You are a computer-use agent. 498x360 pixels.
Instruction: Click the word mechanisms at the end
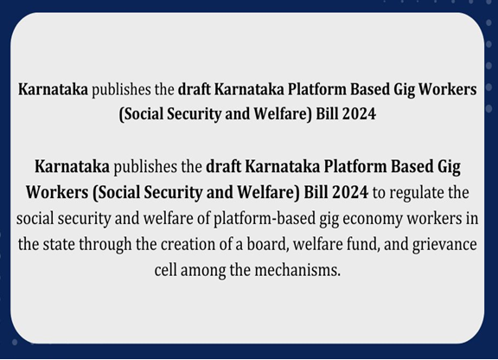coord(297,270)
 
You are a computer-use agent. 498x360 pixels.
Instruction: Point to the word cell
coord(165,270)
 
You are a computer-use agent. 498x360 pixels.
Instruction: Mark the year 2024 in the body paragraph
coord(352,192)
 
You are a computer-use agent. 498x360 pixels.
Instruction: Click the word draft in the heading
coord(194,89)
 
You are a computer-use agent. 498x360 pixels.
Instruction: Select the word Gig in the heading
coord(404,90)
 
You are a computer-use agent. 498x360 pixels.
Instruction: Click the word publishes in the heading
coord(121,90)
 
